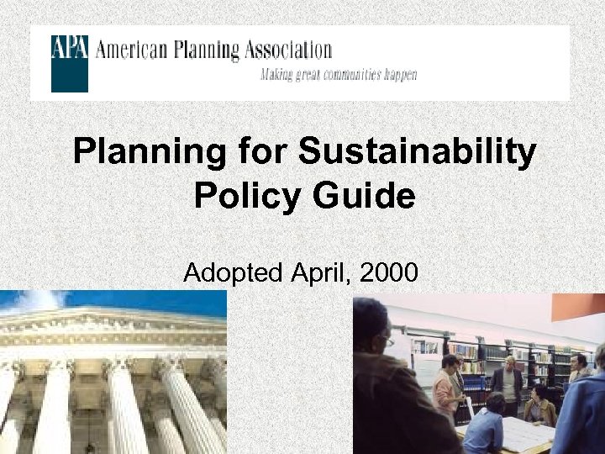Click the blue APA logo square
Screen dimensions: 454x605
click(x=69, y=63)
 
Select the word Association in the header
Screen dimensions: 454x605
click(x=290, y=50)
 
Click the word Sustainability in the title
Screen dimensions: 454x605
click(x=417, y=152)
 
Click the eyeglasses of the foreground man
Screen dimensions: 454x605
click(x=387, y=340)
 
